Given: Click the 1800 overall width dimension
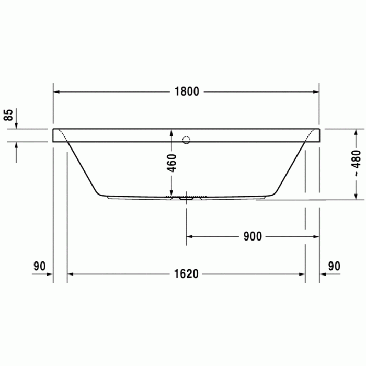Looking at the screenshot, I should (x=187, y=92).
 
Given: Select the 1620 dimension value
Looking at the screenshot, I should (x=186, y=274).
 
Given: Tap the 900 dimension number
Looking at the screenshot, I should (x=252, y=236).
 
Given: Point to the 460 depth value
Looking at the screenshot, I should (x=172, y=164).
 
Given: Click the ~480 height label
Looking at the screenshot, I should (x=356, y=163).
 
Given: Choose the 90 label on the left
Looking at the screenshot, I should (x=40, y=266).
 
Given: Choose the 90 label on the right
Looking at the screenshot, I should (x=334, y=266).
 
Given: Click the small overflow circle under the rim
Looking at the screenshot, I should (x=186, y=140).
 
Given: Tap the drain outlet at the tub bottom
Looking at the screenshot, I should (x=186, y=198).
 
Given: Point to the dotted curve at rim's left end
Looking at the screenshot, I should (x=62, y=134).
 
